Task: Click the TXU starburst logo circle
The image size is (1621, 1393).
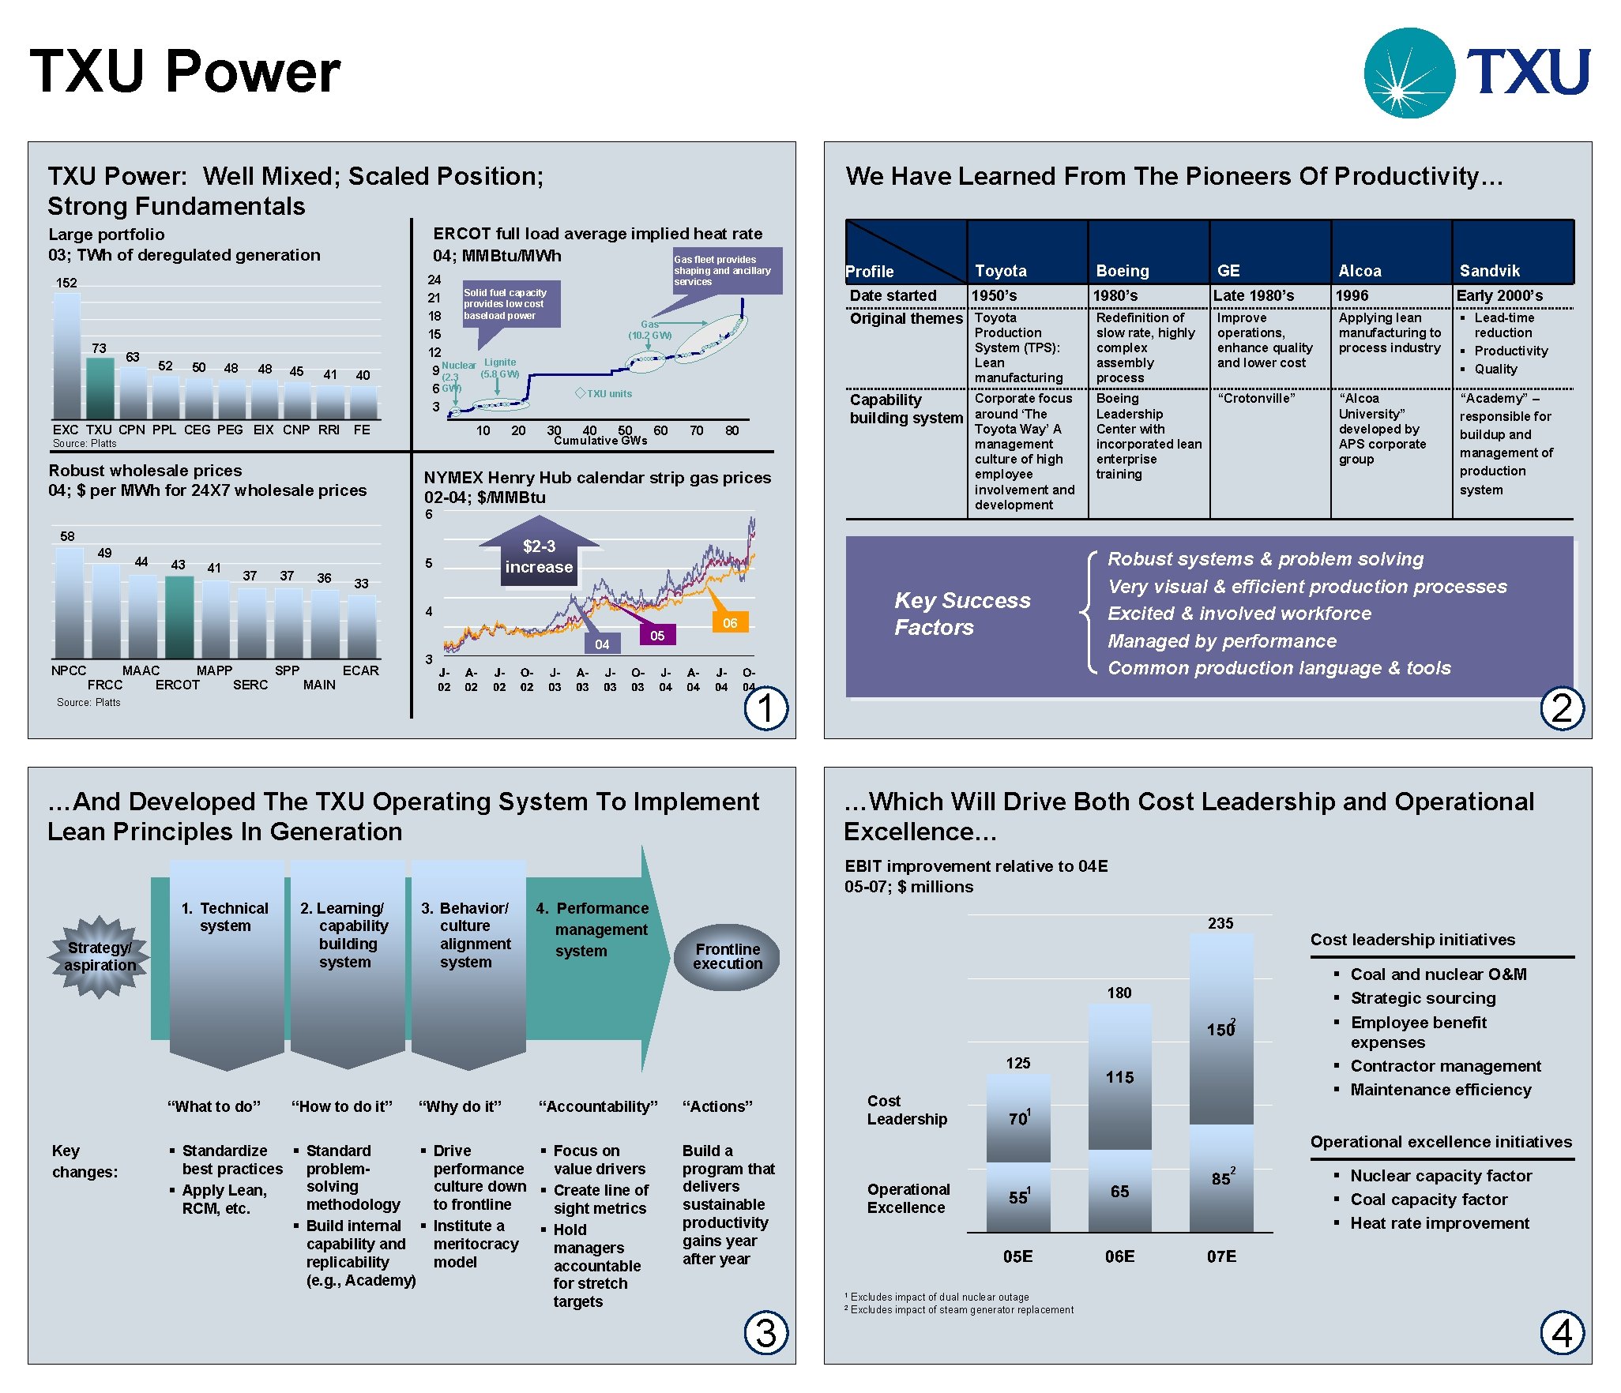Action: (x=1409, y=73)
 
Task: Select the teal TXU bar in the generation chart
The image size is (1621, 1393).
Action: (x=100, y=388)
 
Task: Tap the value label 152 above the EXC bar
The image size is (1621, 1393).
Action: (x=66, y=283)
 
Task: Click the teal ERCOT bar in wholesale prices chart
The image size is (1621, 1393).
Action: (x=179, y=617)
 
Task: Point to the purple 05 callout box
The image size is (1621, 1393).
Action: (x=657, y=635)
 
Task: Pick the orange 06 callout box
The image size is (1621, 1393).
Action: (x=729, y=622)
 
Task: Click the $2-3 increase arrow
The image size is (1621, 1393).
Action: (x=539, y=555)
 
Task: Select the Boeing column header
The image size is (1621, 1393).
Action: (x=1123, y=271)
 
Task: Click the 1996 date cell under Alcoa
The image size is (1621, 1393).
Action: (x=1352, y=295)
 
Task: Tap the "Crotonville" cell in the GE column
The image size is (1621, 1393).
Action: (x=1256, y=398)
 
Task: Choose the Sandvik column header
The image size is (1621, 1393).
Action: (x=1489, y=271)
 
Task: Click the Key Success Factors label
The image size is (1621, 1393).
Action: (x=961, y=614)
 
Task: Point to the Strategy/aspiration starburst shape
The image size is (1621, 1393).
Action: (x=100, y=956)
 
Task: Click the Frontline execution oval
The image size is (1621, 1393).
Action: (x=728, y=956)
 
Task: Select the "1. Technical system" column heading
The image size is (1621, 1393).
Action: (x=225, y=917)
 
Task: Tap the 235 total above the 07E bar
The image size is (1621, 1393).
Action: (x=1220, y=923)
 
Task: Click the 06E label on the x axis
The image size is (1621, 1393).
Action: (x=1119, y=1256)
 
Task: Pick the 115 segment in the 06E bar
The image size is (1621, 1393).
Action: (x=1119, y=1077)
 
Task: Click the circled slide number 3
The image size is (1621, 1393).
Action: (x=765, y=1333)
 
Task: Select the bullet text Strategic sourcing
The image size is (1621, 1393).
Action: (x=1423, y=998)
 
